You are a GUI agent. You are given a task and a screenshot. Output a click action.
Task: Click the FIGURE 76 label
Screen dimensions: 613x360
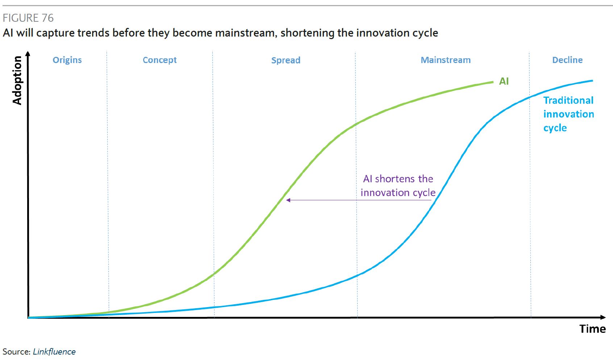pos(28,18)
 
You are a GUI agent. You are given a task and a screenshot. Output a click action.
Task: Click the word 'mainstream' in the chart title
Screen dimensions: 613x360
pos(245,33)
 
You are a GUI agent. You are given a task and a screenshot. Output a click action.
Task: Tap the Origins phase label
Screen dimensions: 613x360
pos(67,60)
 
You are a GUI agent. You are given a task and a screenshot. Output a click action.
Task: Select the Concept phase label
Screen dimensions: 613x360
pos(159,60)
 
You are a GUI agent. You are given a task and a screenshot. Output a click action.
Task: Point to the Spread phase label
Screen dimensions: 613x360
pos(286,60)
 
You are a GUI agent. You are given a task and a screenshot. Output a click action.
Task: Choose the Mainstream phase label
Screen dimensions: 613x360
pos(446,60)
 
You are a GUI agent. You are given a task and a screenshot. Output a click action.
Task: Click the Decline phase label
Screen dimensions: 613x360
pos(567,60)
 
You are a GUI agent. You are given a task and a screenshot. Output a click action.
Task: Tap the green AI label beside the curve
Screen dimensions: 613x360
pos(504,81)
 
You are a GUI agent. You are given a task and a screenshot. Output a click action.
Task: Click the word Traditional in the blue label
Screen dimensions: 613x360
pos(568,100)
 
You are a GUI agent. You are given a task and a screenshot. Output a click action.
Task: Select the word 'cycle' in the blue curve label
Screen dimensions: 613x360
pos(555,128)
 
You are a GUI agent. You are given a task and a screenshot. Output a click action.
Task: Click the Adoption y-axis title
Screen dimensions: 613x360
pos(17,80)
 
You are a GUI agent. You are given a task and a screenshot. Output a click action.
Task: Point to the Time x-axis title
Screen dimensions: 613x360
pos(592,329)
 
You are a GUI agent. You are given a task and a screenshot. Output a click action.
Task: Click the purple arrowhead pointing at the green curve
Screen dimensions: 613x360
pos(288,200)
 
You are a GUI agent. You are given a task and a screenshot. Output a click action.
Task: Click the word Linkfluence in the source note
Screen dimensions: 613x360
pos(54,352)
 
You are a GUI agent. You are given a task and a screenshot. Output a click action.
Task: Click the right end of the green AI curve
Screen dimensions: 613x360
pos(493,82)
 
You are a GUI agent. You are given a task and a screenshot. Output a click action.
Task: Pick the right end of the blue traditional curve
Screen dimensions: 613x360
pos(593,81)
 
